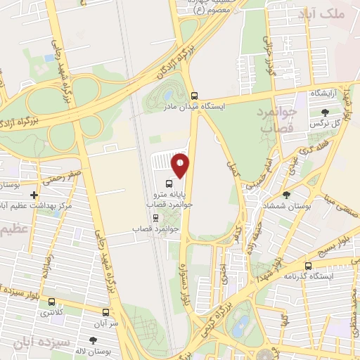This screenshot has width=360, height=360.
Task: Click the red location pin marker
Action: [x=181, y=166]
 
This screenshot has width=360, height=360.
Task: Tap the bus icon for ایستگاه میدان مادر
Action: [x=195, y=96]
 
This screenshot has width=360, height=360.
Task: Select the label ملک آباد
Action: [x=332, y=14]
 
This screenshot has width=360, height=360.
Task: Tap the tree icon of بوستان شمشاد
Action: [x=285, y=195]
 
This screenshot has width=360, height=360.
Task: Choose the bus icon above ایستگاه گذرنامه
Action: [x=308, y=266]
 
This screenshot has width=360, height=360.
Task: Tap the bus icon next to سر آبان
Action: [x=105, y=311]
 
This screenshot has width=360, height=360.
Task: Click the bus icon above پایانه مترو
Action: [x=167, y=184]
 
